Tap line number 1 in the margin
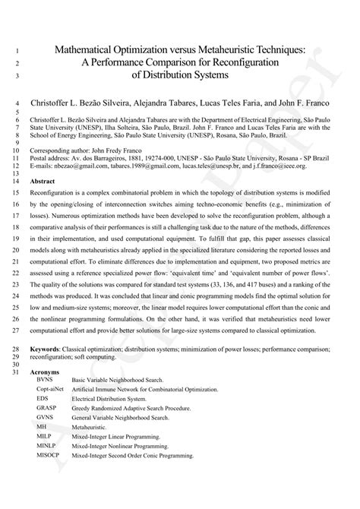click(x=17, y=51)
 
